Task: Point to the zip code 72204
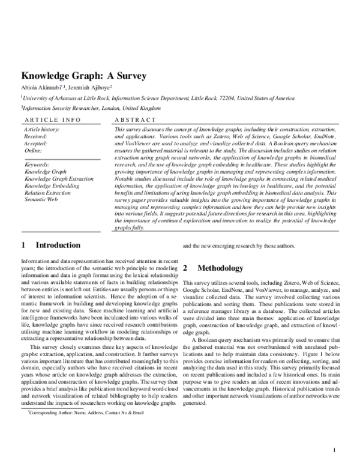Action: pyautogui.click(x=208, y=97)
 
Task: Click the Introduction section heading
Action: pyautogui.click(x=58, y=246)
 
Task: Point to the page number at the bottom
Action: pyautogui.click(x=334, y=450)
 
